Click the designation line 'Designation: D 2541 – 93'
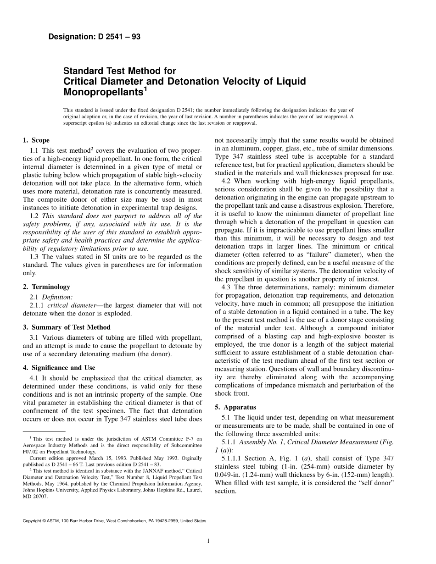pos(94,37)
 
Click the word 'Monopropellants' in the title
pos(103,92)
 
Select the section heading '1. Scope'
pos(36,140)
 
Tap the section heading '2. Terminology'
pos(46,287)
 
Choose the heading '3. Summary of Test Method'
pos(67,327)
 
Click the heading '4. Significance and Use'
pos(59,368)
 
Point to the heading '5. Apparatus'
pos(235,407)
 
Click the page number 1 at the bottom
pos(208,541)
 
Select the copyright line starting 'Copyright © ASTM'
pos(115,521)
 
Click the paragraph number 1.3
pos(34,257)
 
